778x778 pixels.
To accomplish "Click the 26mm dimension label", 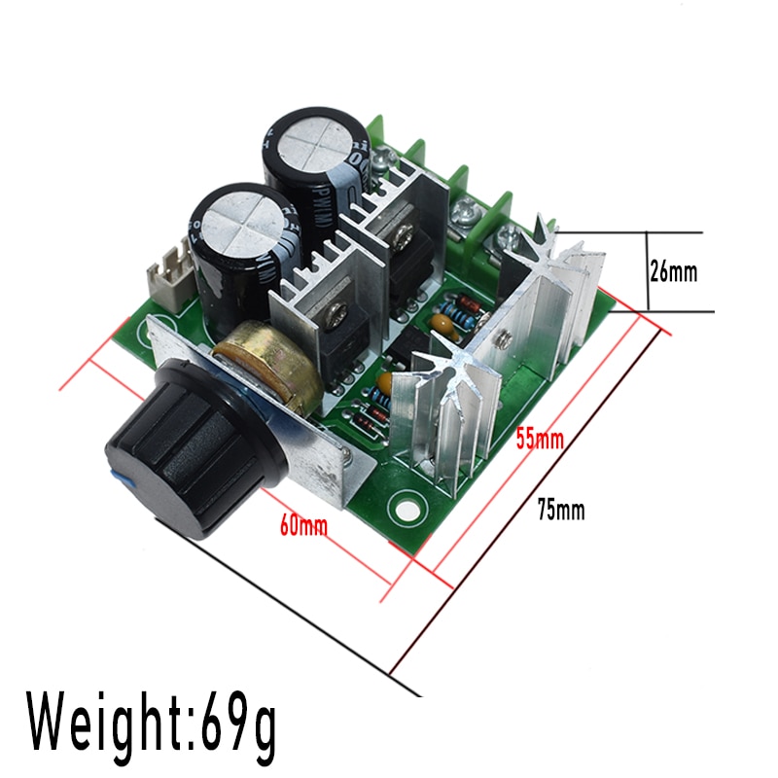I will [673, 271].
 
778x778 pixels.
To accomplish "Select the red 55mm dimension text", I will [539, 439].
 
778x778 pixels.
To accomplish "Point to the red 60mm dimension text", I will [303, 525].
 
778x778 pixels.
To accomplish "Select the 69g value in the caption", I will [238, 720].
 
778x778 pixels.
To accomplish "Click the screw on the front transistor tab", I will [338, 314].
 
